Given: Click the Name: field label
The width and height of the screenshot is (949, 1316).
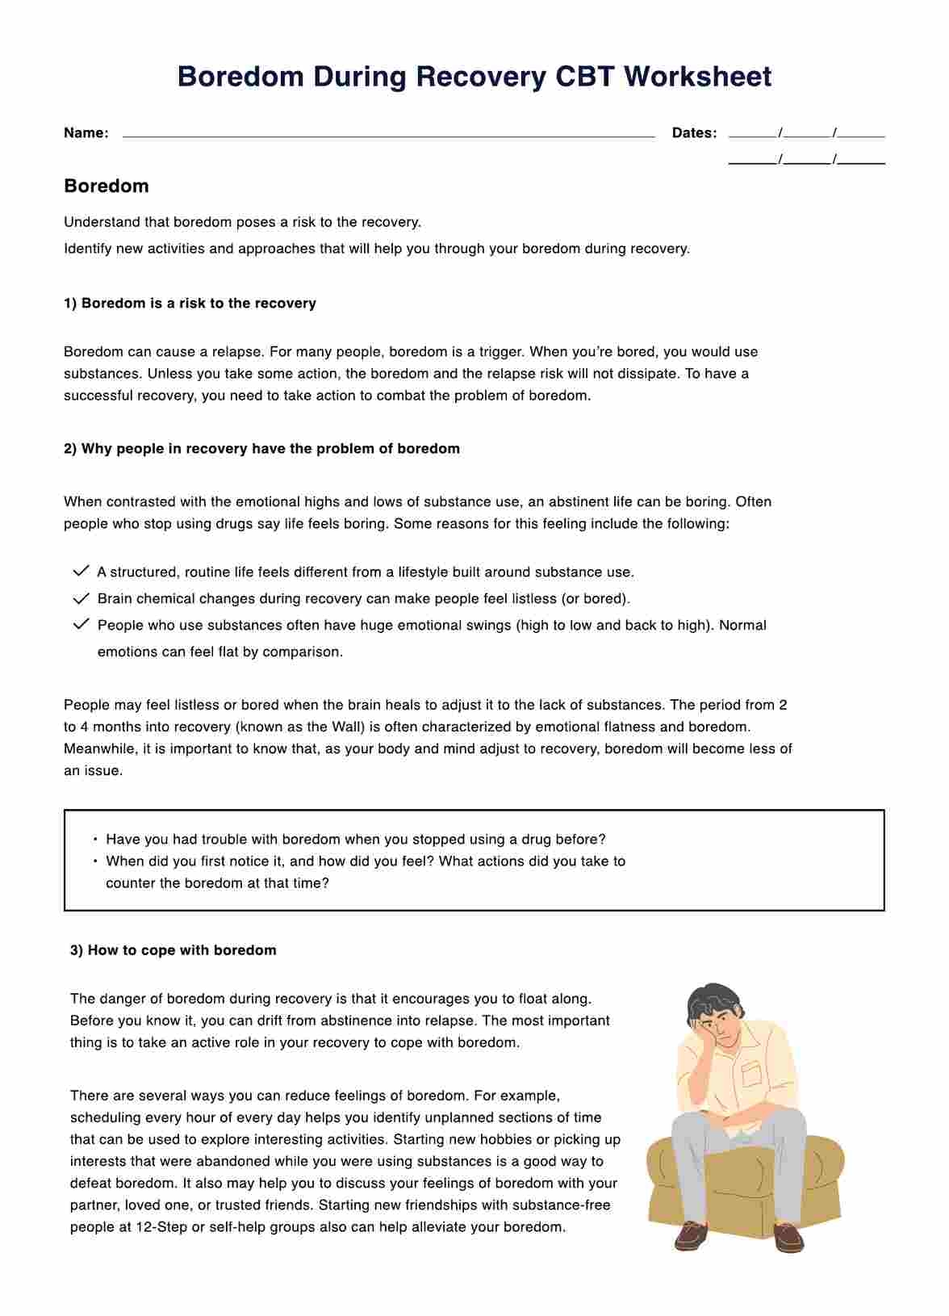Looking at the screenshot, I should point(86,133).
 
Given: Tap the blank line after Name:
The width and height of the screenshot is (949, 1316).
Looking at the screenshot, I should point(387,134).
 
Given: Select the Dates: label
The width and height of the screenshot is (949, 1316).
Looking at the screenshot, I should point(694,133).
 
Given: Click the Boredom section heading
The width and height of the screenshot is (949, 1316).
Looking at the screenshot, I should point(107,186).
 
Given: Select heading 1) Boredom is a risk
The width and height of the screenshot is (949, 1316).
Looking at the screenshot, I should point(190,304).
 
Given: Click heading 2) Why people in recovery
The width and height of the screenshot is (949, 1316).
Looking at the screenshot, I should point(261,449).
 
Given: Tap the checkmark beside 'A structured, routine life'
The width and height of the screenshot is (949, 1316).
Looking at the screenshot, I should point(81,572).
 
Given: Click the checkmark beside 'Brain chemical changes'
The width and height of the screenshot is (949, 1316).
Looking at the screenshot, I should point(81,598).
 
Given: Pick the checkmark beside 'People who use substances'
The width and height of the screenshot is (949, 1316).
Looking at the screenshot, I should point(81,625).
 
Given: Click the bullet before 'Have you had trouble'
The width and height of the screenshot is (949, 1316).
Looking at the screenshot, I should point(95,840).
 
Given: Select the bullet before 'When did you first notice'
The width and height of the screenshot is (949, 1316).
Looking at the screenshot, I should point(95,861).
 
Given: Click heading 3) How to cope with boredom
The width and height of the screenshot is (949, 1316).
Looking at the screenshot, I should point(173,950).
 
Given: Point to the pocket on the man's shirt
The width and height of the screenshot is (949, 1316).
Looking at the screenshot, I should point(751,1073).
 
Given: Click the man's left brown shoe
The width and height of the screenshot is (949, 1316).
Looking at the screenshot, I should point(691,1236).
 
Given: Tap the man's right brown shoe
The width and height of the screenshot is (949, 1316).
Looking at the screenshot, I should point(788,1238).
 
